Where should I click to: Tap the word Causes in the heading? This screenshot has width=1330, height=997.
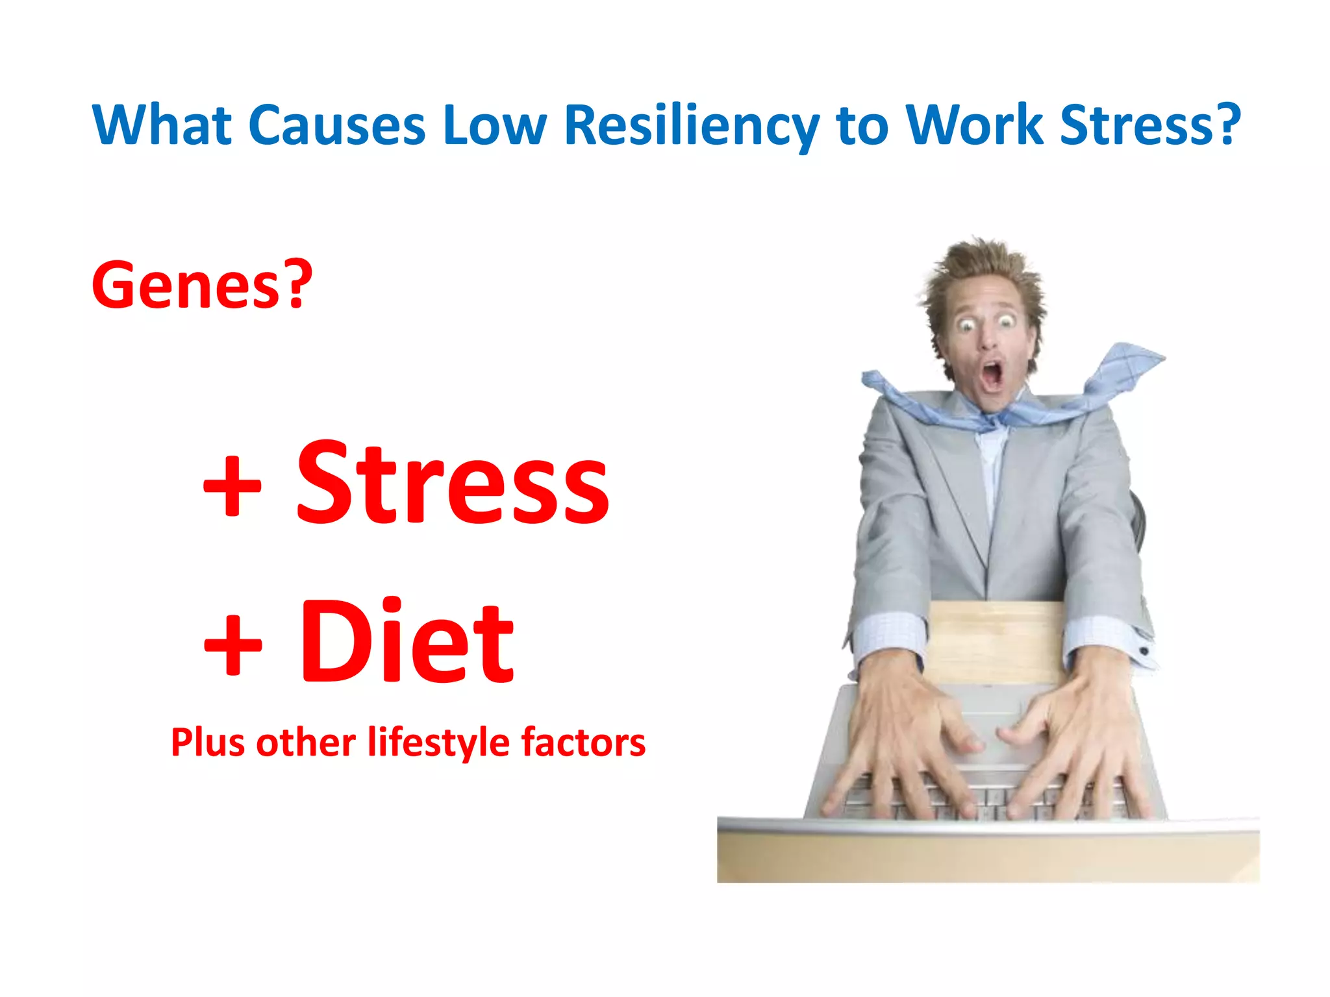click(336, 125)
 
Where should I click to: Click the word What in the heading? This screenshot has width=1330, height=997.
click(162, 125)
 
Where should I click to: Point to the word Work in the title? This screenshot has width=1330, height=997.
click(975, 125)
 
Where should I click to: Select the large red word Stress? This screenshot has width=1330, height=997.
click(453, 484)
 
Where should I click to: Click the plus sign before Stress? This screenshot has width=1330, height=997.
click(232, 486)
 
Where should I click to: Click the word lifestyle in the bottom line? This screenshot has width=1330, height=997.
click(438, 743)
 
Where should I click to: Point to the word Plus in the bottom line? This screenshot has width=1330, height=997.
click(208, 743)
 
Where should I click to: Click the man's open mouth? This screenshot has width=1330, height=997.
click(992, 375)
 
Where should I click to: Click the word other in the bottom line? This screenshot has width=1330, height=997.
click(305, 743)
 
